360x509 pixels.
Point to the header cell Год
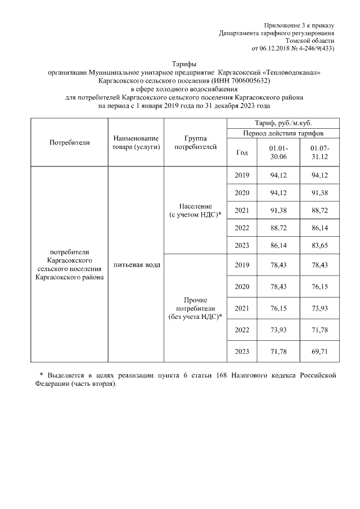(242, 152)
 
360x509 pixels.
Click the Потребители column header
(70, 142)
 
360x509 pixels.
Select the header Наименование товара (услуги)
(136, 142)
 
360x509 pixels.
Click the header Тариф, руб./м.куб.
(283, 123)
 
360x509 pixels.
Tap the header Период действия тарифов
(283, 133)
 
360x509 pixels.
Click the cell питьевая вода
(136, 264)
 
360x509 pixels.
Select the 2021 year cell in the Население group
(242, 211)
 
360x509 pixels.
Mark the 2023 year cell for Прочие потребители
(242, 352)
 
